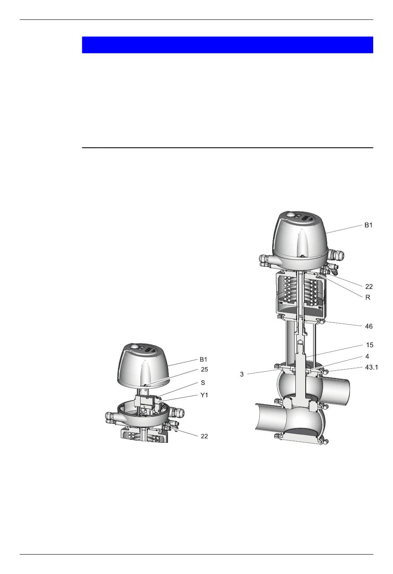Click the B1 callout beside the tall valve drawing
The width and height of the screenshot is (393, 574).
[368, 225]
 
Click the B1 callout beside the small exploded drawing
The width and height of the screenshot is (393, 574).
[203, 360]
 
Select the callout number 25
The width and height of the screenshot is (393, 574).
[204, 370]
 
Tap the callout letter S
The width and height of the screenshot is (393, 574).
[203, 382]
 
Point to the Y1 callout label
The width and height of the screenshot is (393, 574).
[204, 395]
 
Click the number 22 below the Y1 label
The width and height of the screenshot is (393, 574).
[204, 436]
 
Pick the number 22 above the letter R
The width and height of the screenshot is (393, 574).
[369, 286]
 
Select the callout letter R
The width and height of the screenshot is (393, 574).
[368, 297]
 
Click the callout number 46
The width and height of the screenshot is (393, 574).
[369, 326]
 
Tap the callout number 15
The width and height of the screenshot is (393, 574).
[369, 345]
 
